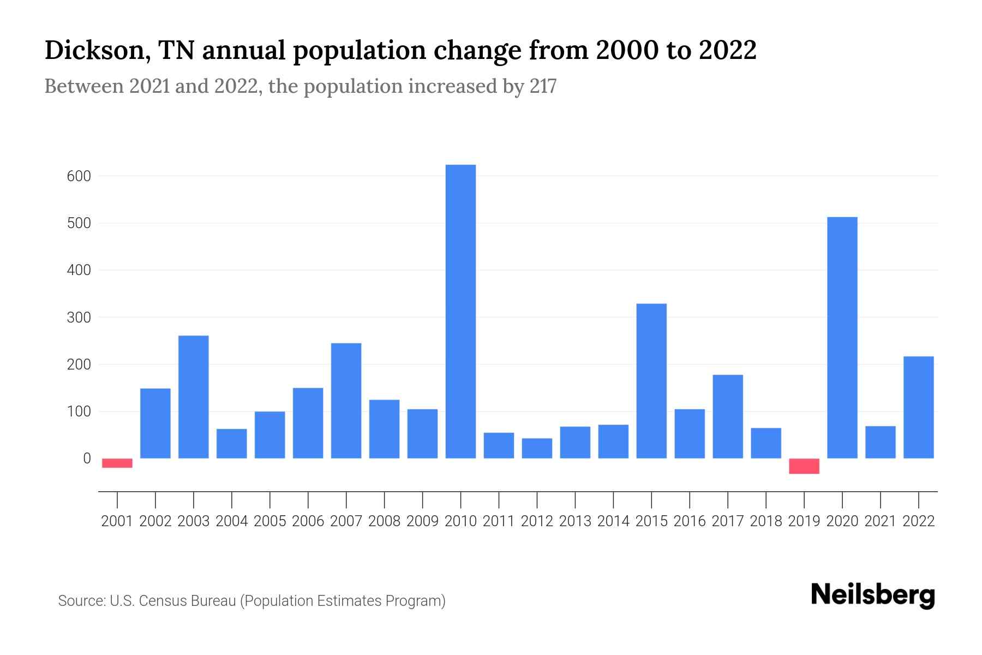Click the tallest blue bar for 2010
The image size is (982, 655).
point(460,311)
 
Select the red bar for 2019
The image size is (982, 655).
point(804,466)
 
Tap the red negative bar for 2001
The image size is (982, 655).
point(117,463)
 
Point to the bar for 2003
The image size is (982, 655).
point(194,397)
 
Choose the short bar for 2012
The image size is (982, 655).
point(537,448)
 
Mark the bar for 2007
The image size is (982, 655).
point(346,401)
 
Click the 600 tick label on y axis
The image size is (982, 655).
point(79,176)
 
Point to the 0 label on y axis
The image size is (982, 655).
point(86,458)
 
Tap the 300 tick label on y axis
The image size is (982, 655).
point(79,317)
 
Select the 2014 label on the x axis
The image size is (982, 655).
point(613,521)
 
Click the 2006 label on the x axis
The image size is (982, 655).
point(308,521)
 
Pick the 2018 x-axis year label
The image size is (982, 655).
point(765,521)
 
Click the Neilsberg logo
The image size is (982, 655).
point(873,595)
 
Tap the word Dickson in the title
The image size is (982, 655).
point(95,50)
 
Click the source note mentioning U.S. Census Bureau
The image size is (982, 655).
point(252,601)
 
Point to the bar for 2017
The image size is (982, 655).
point(727,416)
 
